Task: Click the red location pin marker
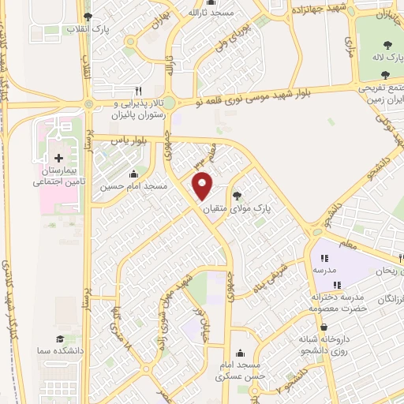pyautogui.click(x=203, y=186)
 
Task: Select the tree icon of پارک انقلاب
pyautogui.click(x=88, y=16)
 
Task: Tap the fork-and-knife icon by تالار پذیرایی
pyautogui.click(x=139, y=90)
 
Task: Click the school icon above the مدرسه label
pyautogui.click(x=324, y=257)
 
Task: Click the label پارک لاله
pyautogui.click(x=386, y=58)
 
